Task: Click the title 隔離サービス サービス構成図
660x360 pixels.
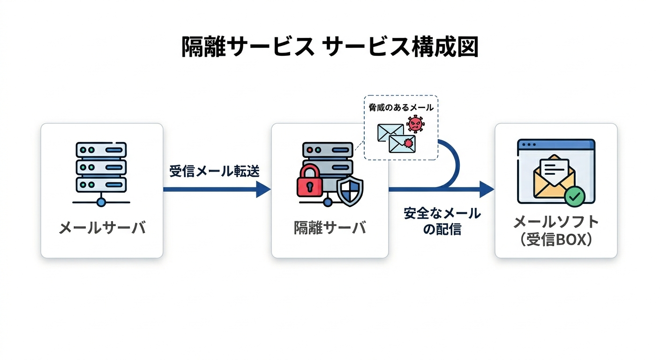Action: point(330,47)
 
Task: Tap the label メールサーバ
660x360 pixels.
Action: point(102,228)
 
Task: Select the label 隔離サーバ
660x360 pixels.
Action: point(330,228)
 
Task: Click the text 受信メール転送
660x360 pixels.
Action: point(214,171)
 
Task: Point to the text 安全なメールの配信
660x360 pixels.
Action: point(442,221)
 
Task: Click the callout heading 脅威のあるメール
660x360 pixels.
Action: point(401,107)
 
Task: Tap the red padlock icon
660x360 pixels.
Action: point(310,180)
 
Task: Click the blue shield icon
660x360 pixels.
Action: point(350,191)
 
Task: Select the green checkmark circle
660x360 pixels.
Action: point(575,196)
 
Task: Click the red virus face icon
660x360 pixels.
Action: point(415,124)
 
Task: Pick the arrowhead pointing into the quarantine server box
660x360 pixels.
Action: point(263,189)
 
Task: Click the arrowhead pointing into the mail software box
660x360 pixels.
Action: point(487,189)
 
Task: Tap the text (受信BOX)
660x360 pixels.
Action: point(556,240)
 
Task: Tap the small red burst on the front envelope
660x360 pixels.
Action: point(408,143)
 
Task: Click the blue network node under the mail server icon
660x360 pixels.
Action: point(101,202)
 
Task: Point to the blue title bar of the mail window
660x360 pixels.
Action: point(556,144)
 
